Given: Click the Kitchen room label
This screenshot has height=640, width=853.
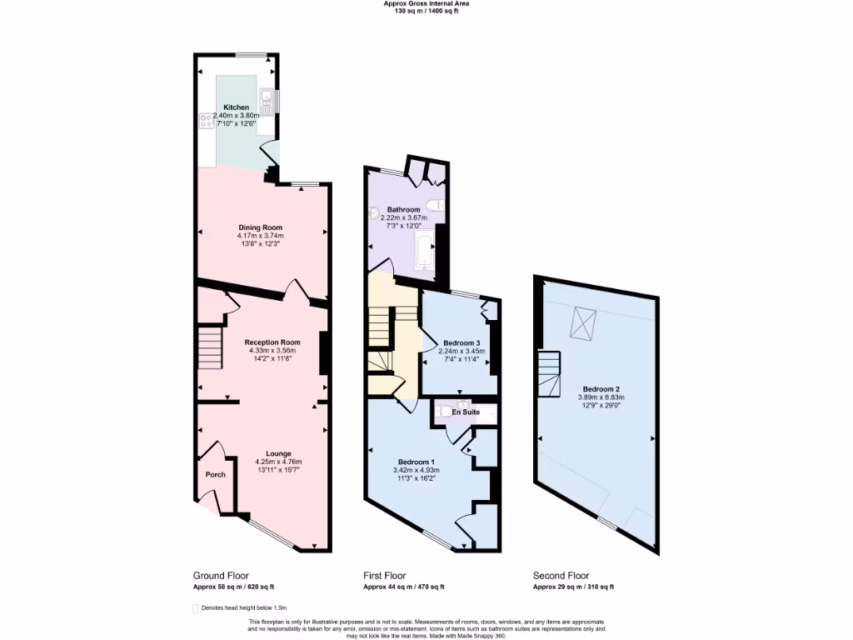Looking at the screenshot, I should coord(236,107).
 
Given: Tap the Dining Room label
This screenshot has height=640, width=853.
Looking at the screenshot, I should coord(261,227).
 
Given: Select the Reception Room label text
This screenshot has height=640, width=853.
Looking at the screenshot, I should coord(272,342).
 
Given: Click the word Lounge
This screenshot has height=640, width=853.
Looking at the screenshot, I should coord(278,453).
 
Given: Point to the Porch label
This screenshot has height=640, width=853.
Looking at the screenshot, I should coord(215,475).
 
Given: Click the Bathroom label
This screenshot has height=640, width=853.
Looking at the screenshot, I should coord(403,209).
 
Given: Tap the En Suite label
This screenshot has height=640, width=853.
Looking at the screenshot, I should coord(466,412).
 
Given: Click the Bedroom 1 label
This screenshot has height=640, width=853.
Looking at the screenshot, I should coord(416,462).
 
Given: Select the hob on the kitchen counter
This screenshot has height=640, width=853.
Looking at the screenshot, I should coord(207,122).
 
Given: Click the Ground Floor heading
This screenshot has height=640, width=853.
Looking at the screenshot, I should coord(221,576).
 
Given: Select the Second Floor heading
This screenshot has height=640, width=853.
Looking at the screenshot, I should coord(561,576).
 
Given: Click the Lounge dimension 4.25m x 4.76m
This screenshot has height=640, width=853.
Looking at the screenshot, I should coord(278,462).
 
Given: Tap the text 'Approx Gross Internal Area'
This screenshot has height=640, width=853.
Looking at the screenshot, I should coord(426,3).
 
